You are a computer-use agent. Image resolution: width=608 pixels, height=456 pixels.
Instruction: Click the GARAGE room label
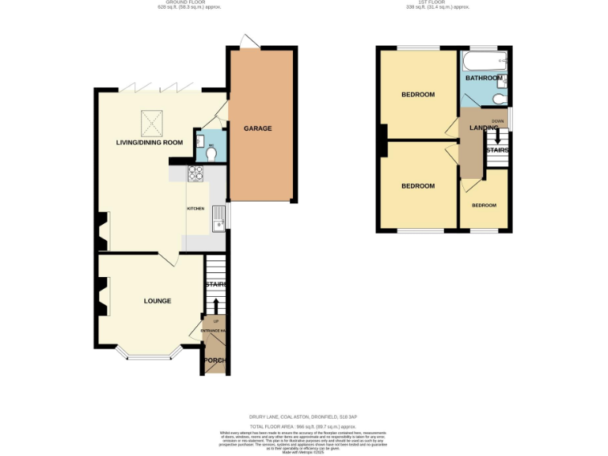pos(257,127)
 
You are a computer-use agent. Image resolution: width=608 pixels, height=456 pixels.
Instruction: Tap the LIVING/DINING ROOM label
pos(150,142)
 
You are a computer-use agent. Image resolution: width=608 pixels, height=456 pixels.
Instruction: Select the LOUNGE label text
pos(158,301)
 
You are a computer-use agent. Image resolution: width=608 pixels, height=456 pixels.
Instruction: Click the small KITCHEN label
pos(196,208)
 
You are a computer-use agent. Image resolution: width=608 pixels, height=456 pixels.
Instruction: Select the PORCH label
pos(215,361)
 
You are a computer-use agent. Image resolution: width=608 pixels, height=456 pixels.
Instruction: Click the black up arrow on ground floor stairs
pos(216,306)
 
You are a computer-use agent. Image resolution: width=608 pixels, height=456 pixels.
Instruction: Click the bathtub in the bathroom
pos(484,62)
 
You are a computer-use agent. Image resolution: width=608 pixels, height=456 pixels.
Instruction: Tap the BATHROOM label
pos(483,78)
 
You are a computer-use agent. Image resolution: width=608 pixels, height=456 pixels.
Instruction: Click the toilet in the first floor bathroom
pos(498,98)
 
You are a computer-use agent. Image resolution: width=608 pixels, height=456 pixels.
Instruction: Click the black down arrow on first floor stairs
pos(497,135)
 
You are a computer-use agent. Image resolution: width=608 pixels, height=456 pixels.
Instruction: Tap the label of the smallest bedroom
pos(484,205)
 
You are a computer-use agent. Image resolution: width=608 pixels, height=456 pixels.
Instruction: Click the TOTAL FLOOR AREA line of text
pos(304,425)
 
